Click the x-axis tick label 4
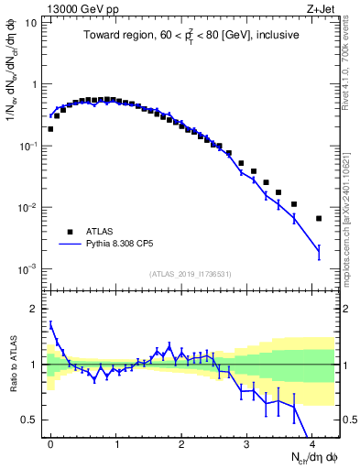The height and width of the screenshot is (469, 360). click(312, 442)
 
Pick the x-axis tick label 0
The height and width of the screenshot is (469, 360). click(50, 442)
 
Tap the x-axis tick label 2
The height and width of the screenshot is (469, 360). click(181, 442)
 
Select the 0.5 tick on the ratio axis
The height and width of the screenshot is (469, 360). click(27, 420)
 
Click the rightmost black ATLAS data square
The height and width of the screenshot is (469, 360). click(319, 218)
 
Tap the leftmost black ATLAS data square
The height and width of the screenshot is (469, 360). click(50, 128)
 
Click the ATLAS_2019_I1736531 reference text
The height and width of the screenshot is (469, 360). click(189, 274)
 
